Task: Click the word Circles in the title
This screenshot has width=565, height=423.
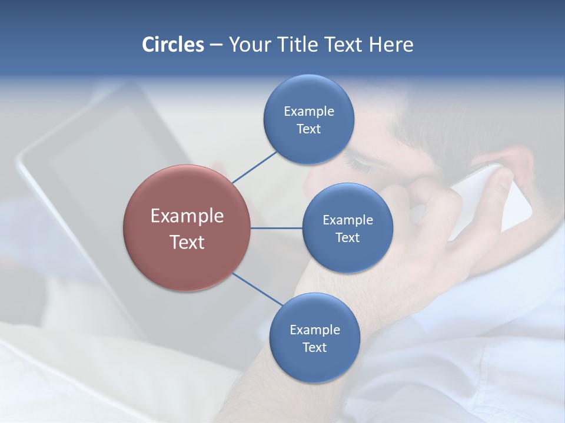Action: coord(172,45)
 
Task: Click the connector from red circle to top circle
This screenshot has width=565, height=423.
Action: coord(254,167)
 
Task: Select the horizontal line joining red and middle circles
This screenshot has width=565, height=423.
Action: coord(276,228)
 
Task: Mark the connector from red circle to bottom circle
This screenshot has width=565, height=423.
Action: coord(257,289)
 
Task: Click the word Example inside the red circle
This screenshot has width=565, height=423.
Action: coord(187,216)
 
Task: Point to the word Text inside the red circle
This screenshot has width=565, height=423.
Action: coord(187,242)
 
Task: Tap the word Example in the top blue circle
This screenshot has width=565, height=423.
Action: coord(308,112)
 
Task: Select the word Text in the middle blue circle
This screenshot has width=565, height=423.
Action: coord(347,237)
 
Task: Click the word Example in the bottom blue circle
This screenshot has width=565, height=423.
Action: coord(314,330)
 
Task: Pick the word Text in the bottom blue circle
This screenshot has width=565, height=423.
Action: coord(314,347)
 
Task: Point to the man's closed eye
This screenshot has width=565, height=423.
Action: coord(359,163)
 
